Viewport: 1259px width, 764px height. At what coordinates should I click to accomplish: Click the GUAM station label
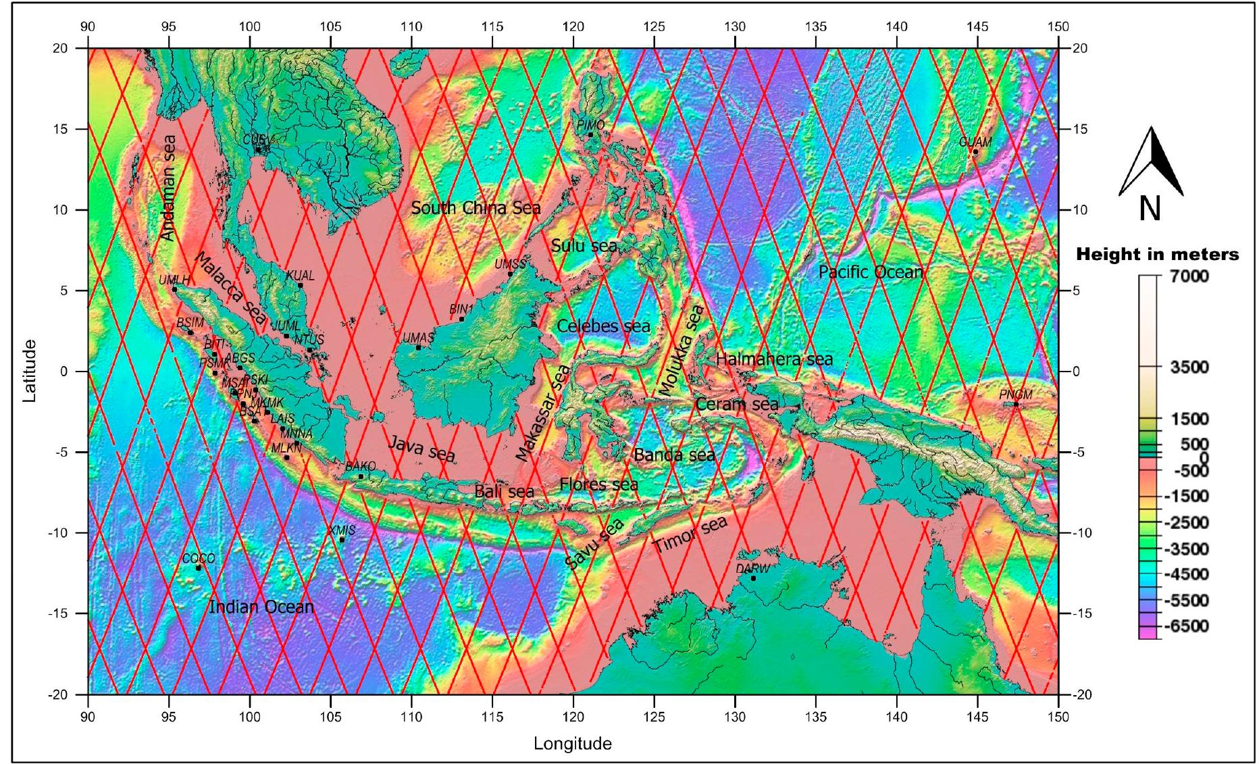tap(975, 142)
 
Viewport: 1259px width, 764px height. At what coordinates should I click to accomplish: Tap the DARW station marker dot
tap(753, 578)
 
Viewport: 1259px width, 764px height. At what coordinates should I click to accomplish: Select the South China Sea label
tap(476, 208)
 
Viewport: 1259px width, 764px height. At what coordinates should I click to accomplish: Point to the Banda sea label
tap(674, 455)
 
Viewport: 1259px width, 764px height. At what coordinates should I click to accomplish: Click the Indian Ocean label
tap(261, 607)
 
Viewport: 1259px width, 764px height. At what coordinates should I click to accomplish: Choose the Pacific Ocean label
tap(871, 272)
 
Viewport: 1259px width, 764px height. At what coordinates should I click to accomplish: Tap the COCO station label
tap(199, 559)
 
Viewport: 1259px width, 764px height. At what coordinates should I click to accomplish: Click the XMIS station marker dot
tap(342, 540)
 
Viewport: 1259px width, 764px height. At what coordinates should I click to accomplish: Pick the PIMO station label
tap(590, 125)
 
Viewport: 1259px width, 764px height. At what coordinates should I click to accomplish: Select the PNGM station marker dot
tap(1016, 405)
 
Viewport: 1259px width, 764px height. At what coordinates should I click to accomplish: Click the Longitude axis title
tap(573, 744)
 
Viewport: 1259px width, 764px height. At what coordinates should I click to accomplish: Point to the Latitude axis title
tap(29, 371)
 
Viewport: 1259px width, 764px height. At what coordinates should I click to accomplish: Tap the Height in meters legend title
tap(1157, 255)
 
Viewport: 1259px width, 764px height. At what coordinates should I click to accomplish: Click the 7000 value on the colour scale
tap(1189, 276)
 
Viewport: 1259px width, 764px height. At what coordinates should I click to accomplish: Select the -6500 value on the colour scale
tap(1188, 626)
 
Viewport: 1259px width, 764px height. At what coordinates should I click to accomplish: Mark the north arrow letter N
tap(1150, 209)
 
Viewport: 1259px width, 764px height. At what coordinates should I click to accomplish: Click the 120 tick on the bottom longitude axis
tap(573, 716)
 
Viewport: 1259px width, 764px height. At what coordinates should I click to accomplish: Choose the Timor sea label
tap(690, 534)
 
